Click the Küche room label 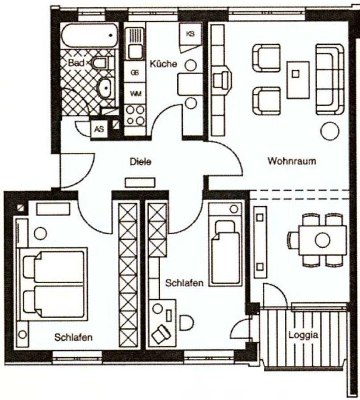coord(163,64)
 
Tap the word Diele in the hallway coord(141,162)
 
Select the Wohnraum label coord(292,161)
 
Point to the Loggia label coord(303,335)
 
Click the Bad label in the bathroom coord(76,63)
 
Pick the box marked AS coord(99,129)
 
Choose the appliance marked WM coord(135,94)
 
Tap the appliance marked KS coord(190,34)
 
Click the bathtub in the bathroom coord(90,35)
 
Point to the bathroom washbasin coord(105,88)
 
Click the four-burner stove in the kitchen coord(135,116)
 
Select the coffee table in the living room coord(298,80)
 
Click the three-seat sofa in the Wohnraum coord(330,79)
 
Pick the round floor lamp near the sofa coord(330,132)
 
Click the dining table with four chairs coord(322,240)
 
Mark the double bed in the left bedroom coord(53,284)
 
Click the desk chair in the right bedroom coord(162,332)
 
